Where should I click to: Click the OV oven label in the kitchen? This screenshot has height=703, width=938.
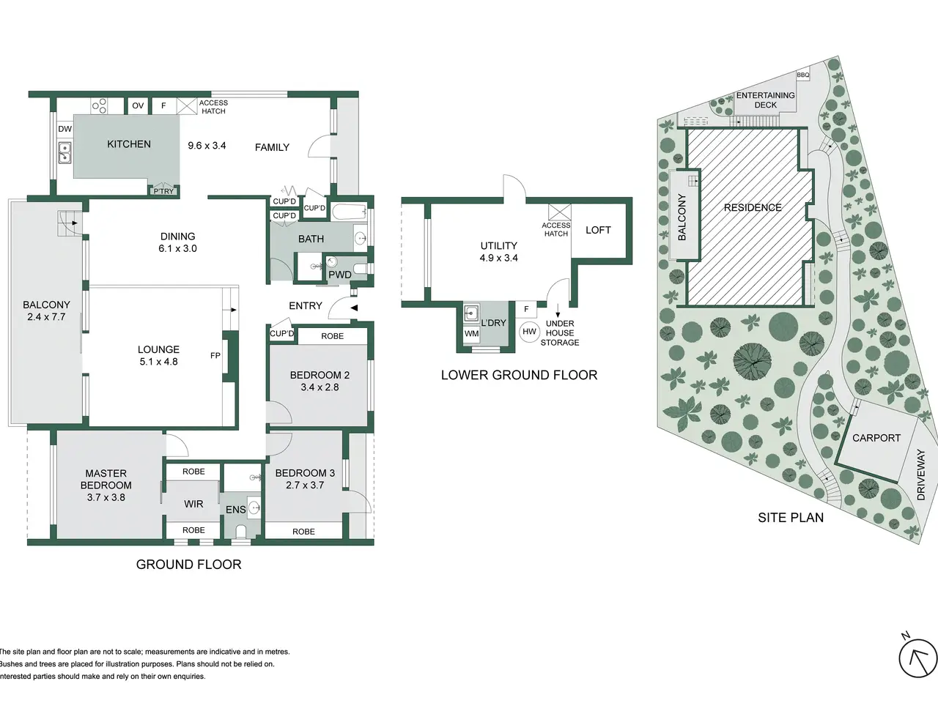pos(138,105)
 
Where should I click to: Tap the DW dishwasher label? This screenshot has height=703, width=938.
pos(65,129)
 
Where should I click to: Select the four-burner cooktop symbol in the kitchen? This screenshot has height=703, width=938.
pos(99,106)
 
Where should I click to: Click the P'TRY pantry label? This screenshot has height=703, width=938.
pos(164,191)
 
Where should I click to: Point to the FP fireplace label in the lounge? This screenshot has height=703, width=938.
pos(215,355)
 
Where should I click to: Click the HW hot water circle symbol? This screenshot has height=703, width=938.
pos(530,331)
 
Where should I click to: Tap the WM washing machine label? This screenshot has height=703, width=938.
pos(471,333)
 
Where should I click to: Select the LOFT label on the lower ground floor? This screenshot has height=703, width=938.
pos(598,230)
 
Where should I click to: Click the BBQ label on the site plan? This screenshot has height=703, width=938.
pos(803,75)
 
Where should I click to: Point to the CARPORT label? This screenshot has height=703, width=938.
pos(876,438)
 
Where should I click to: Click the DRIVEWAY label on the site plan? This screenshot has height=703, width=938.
pos(921,475)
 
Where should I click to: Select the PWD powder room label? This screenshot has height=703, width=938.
pos(340,275)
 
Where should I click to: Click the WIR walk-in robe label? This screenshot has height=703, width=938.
pos(193,504)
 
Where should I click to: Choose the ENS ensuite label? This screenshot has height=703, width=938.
pos(235,510)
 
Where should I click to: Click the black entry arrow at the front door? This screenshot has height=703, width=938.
pos(353,308)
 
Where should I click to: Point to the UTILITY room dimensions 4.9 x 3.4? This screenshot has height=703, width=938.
pos(499,258)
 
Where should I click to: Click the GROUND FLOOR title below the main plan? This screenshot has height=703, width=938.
pos(188,565)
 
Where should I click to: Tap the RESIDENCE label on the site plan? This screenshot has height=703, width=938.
pos(753,207)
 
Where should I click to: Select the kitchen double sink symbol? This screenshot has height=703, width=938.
pos(65,153)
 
